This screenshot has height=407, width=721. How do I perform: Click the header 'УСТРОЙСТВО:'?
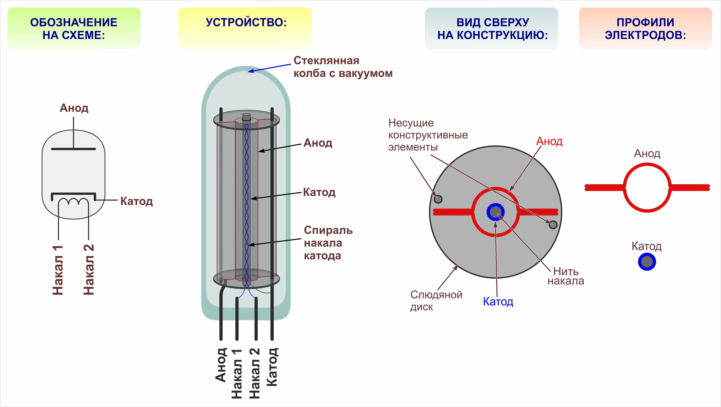246,23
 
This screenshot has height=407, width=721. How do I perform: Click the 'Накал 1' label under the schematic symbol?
58,270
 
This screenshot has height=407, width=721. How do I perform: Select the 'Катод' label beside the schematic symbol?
136,201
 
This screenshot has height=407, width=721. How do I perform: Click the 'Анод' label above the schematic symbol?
74,108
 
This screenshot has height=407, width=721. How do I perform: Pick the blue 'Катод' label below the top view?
498,301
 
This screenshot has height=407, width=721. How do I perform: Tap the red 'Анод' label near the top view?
549,141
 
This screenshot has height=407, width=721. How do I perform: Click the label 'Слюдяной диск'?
436,301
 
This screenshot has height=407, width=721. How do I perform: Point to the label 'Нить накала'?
566,276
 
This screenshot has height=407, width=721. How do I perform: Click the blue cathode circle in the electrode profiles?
647,262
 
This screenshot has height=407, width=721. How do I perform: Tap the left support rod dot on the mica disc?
438,199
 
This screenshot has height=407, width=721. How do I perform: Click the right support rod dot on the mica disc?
553,224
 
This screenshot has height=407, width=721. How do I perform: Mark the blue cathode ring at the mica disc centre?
495,212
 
